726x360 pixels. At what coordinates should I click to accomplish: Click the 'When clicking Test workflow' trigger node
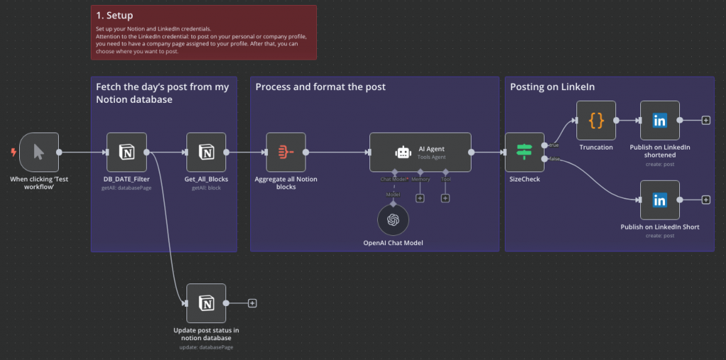point(39,152)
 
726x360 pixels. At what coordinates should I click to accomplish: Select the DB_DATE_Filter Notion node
point(126,152)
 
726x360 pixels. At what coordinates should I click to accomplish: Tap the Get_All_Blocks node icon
point(206,152)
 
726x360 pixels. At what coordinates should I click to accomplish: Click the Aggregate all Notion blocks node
point(286,152)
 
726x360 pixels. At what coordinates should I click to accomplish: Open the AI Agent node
point(420,152)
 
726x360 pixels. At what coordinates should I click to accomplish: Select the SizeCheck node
point(525,152)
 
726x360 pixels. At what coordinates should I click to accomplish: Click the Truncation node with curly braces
point(596,120)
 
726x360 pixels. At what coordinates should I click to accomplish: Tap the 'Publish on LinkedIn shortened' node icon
point(660,120)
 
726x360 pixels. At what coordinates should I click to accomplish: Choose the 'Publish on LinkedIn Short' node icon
point(660,200)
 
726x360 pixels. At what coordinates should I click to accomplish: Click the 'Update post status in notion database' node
point(206,303)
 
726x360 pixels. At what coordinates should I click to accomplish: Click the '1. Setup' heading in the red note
point(114,16)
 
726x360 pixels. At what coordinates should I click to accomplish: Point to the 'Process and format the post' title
point(320,87)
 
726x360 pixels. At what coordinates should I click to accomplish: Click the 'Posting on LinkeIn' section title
point(552,87)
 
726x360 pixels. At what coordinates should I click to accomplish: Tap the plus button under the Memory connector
point(420,198)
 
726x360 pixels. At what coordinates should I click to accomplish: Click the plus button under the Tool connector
point(445,198)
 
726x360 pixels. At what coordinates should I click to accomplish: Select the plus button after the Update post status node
point(252,303)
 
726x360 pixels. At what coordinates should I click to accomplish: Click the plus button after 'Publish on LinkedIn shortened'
point(705,120)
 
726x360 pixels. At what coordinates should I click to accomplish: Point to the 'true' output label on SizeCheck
point(554,145)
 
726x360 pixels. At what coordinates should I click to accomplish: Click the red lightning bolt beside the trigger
point(13,152)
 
